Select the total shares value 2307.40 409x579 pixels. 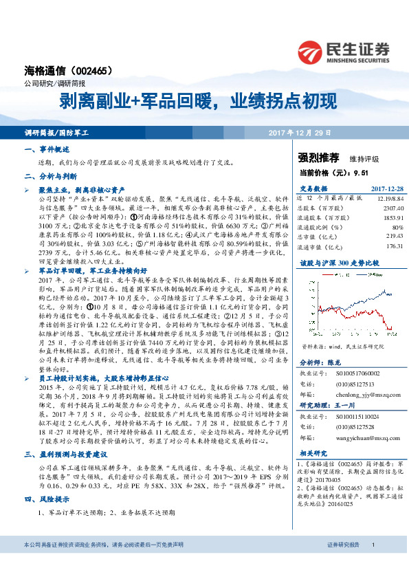(x=388, y=207)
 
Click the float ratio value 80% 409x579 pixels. (x=397, y=226)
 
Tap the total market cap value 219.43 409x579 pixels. (x=392, y=236)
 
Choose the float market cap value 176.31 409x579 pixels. (x=392, y=245)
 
